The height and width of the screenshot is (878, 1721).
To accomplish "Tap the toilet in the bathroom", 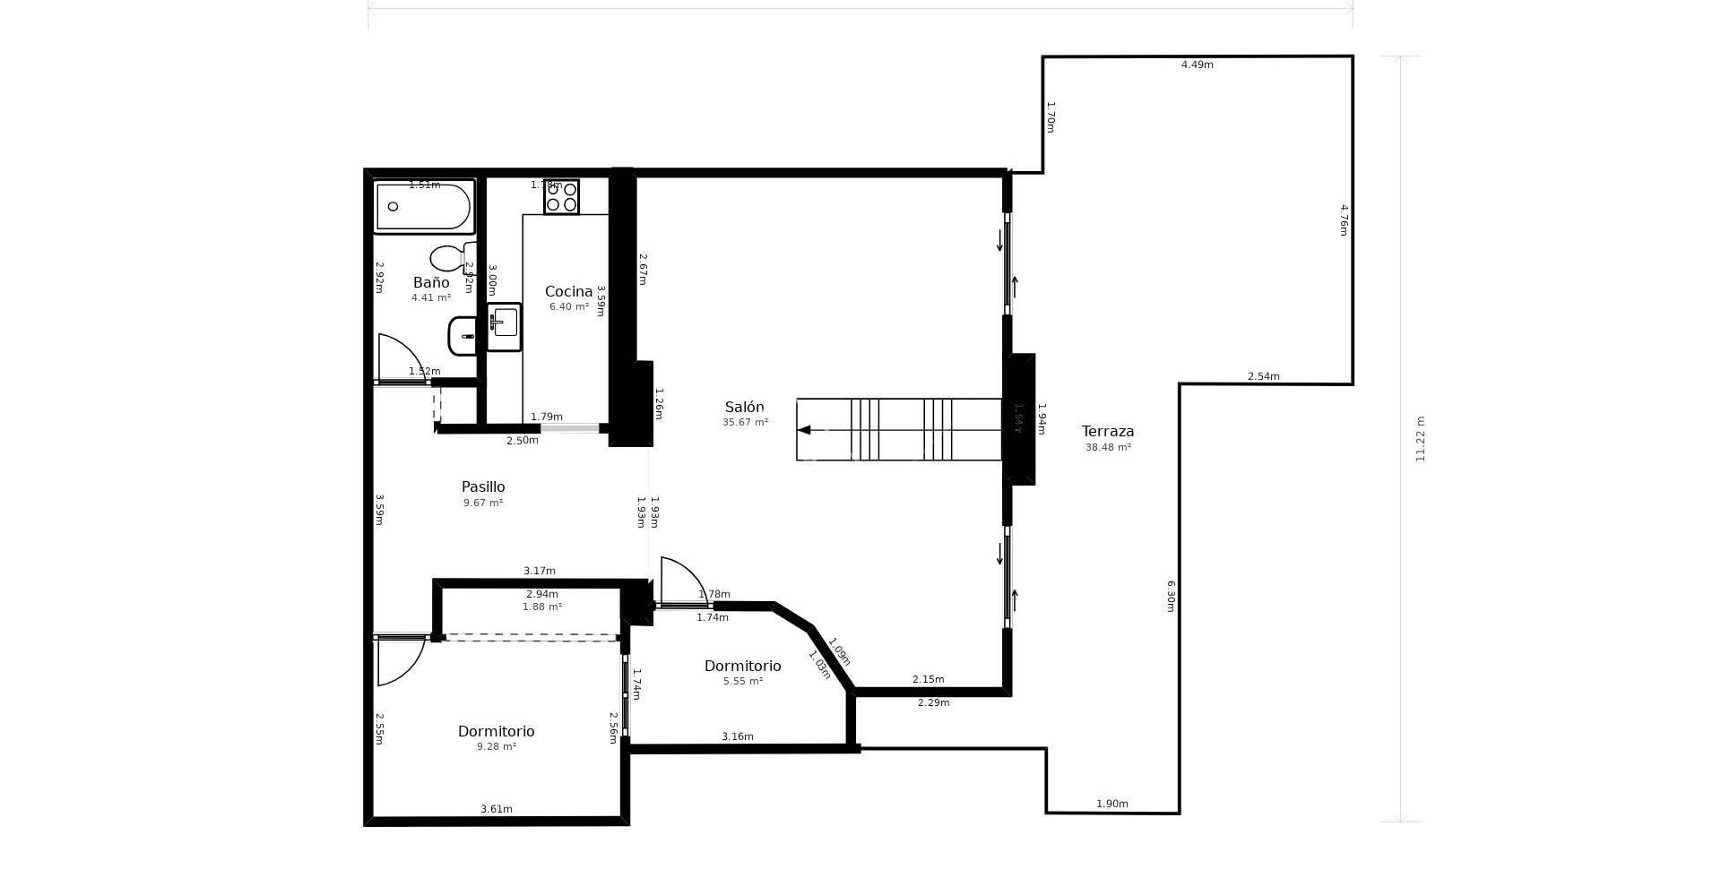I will tap(448, 258).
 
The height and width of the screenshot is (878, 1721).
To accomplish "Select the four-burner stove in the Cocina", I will tap(562, 197).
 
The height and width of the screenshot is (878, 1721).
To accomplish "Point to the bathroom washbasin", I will tap(463, 336).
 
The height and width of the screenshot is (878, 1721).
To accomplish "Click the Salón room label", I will tap(745, 408).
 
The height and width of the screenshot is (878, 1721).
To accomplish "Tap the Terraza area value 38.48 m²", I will tap(1108, 447).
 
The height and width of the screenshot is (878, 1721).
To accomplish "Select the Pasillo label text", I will tap(483, 487).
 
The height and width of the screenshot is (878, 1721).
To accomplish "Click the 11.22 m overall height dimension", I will tap(1420, 439).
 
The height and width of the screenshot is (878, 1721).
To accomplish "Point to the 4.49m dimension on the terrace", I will tap(1197, 65).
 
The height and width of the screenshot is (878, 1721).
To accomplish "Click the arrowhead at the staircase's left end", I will tap(804, 430).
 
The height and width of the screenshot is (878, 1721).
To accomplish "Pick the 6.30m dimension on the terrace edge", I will tap(1170, 596).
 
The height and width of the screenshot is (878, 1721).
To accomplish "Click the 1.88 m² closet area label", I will tap(542, 607).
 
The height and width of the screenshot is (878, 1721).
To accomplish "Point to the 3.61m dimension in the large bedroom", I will tap(497, 809).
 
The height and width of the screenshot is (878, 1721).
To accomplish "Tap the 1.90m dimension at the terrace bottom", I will tap(1112, 804).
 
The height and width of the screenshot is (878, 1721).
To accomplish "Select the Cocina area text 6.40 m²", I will tap(569, 306).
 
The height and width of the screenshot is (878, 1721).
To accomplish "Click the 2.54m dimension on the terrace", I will tap(1264, 376).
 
